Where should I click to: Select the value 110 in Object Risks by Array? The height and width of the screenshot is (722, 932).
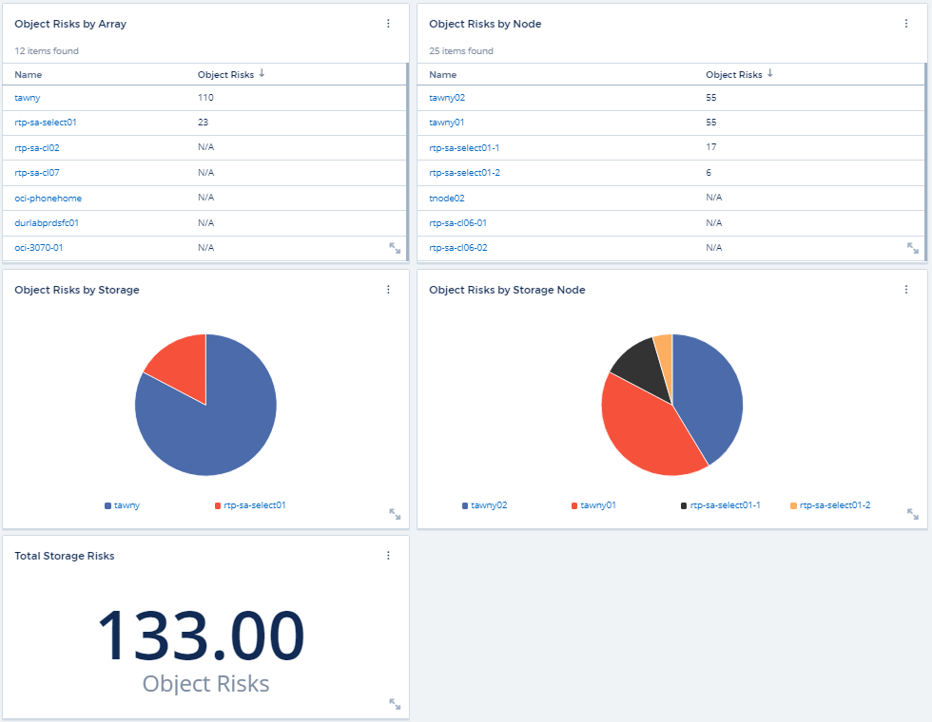205,97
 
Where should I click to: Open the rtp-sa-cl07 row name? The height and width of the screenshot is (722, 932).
37,173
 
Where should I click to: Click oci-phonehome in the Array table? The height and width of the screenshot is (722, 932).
48,198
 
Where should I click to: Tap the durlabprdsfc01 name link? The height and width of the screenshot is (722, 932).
47,222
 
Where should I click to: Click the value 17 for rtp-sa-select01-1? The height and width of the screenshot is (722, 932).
711,147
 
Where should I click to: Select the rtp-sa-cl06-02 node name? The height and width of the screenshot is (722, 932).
458,247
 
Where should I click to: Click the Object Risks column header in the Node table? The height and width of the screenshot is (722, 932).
734,74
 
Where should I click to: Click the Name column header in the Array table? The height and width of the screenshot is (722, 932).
29,74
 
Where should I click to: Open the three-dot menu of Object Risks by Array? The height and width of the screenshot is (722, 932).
388,24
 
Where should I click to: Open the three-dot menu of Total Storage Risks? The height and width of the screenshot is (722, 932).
388,556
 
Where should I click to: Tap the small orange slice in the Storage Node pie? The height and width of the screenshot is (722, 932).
664,347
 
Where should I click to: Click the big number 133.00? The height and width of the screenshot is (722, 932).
201,634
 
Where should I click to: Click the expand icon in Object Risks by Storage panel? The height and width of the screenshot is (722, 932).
395,514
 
